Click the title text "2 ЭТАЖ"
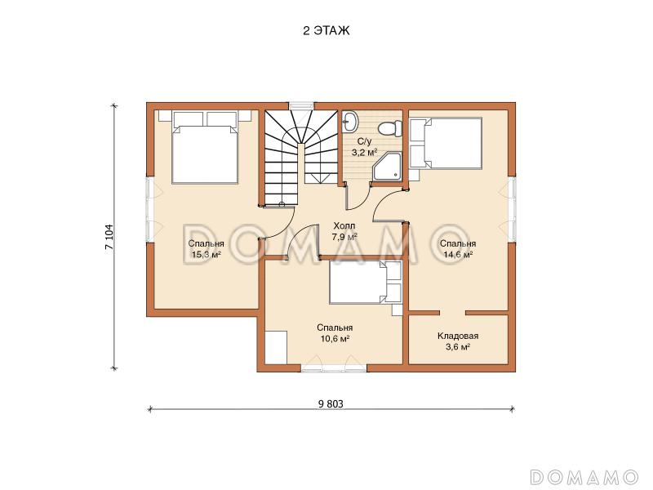[326, 31]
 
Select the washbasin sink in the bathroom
[349, 122]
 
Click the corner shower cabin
[387, 167]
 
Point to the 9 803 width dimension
[331, 403]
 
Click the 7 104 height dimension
[109, 237]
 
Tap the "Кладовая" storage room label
[458, 336]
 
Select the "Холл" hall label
[344, 226]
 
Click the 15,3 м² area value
[206, 254]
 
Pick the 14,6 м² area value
[458, 254]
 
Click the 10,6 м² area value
[335, 338]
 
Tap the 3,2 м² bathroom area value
[364, 152]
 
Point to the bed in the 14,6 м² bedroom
[446, 144]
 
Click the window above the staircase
[300, 106]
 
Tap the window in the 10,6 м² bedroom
[334, 368]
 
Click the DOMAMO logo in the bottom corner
[584, 476]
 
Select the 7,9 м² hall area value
[344, 237]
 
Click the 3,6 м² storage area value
[458, 346]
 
